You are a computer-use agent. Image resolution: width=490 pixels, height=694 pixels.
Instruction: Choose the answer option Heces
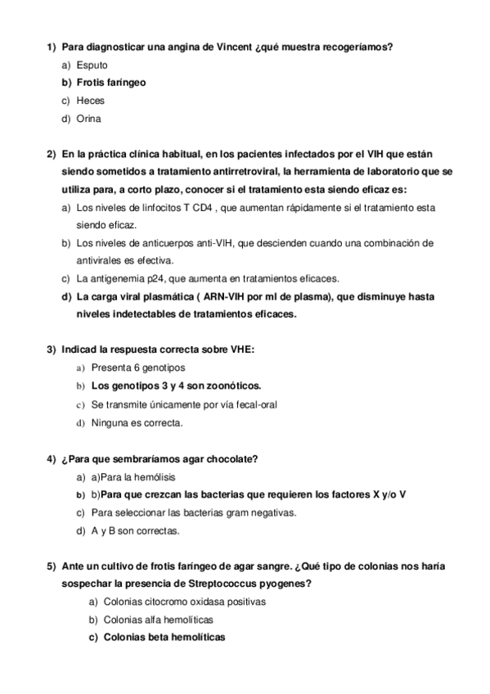click(90, 101)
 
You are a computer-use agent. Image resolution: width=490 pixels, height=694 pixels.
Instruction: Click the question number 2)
click(51, 154)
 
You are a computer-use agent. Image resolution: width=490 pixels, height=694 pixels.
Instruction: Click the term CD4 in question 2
click(203, 208)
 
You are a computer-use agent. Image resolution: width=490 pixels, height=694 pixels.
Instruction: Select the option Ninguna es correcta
click(137, 422)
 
